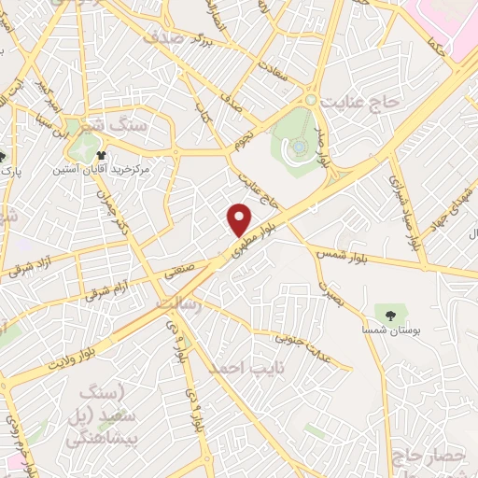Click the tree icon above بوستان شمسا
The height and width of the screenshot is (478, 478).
coord(386,313)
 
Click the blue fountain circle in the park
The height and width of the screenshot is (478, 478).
coord(297,146)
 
